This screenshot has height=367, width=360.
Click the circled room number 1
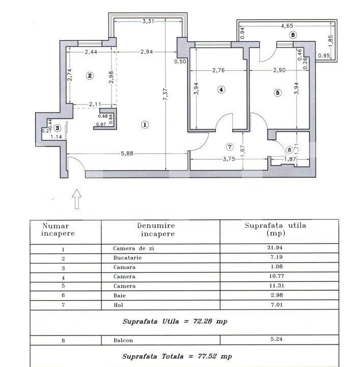click(x=145, y=124)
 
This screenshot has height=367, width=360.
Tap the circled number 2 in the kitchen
click(x=90, y=76)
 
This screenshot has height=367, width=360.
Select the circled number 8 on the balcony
click(x=292, y=35)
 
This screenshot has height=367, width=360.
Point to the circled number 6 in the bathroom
click(x=289, y=150)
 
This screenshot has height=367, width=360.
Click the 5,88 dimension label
click(x=128, y=155)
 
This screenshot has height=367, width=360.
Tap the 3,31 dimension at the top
click(x=148, y=21)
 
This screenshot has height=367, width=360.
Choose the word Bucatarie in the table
click(x=127, y=259)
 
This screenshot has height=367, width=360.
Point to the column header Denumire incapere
click(x=155, y=229)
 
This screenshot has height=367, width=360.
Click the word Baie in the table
click(x=119, y=295)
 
